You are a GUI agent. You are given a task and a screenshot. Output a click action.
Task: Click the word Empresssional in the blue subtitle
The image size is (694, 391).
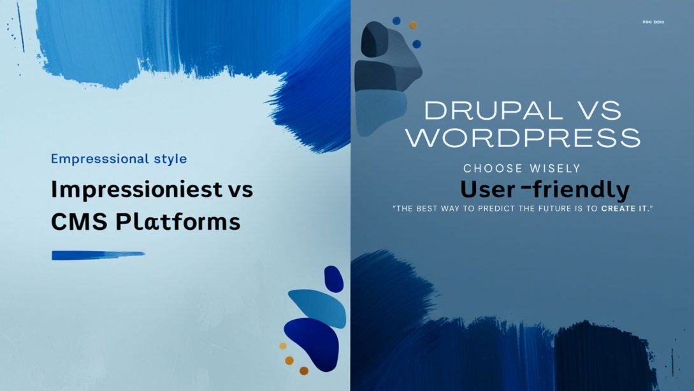pyautogui.click(x=90, y=159)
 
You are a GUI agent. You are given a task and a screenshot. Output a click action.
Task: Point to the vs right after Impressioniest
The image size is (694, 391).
pyautogui.click(x=240, y=190)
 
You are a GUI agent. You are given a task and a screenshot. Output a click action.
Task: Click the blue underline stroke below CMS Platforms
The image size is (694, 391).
pyautogui.click(x=98, y=255)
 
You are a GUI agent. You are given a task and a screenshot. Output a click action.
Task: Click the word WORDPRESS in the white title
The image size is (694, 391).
pyautogui.click(x=523, y=138)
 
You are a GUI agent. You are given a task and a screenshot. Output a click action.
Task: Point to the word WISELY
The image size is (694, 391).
pyautogui.click(x=555, y=169)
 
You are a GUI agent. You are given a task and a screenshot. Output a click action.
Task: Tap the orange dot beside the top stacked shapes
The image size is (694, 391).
pyautogui.click(x=412, y=25)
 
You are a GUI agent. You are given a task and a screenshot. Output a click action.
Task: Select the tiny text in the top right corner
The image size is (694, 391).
pyautogui.click(x=653, y=22)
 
